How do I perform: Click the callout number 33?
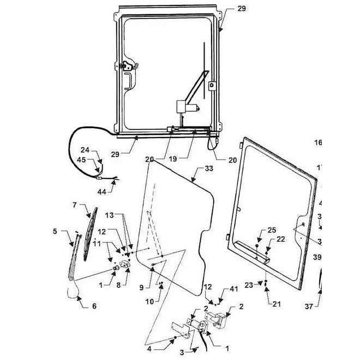[209, 170]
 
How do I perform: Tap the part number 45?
[81, 160]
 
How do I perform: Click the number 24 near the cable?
[85, 150]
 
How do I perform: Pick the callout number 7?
[74, 205]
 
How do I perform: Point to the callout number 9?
[141, 287]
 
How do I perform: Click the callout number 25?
[272, 231]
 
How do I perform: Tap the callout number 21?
[276, 304]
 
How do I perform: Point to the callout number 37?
[309, 307]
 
